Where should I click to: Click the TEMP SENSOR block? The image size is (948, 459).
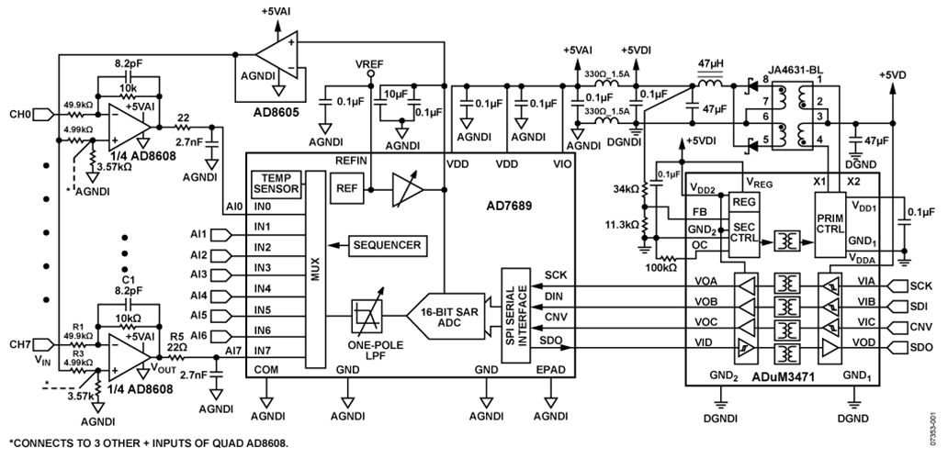point(276,184)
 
